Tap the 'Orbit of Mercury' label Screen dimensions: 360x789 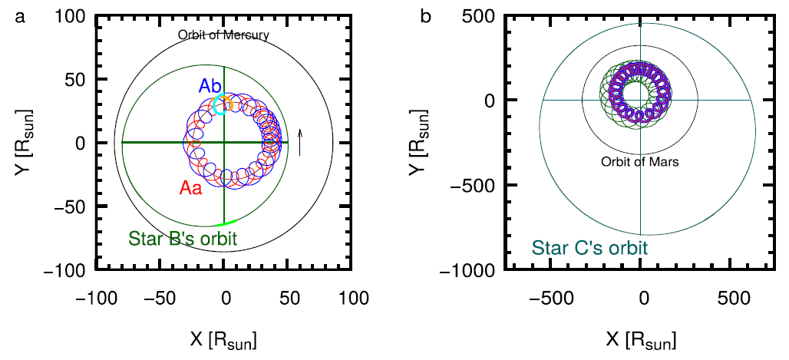tap(223, 35)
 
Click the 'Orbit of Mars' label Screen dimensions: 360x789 tap(641, 163)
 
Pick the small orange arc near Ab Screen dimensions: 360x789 tap(226, 103)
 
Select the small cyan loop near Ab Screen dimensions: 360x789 tap(219, 107)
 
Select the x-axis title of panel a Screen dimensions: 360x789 tap(224, 338)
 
